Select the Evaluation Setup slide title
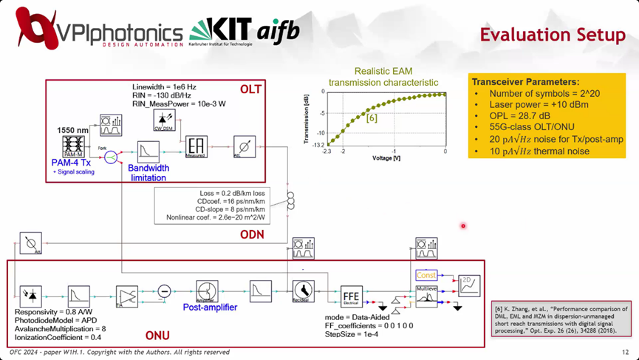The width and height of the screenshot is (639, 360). point(548,35)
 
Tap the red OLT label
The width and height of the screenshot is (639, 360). point(250,89)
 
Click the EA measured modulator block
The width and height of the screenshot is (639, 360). point(196,146)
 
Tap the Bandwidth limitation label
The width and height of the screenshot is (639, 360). point(149,172)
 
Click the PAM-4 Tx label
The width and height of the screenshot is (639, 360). point(73,162)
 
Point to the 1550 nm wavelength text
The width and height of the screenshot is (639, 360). point(72,130)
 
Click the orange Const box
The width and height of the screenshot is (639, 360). point(426,275)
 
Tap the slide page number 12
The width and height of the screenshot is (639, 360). point(625,352)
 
